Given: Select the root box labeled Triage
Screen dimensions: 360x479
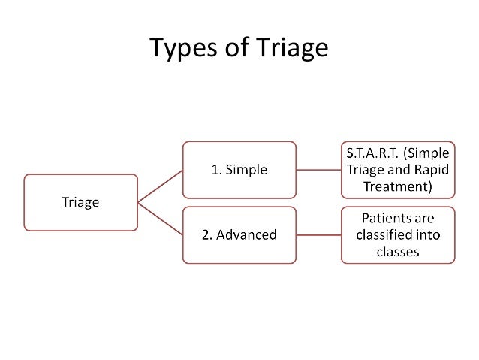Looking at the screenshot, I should coord(81,201).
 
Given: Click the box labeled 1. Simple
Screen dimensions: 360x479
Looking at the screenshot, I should coord(239,169).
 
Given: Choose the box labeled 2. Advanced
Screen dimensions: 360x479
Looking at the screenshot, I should coord(239,234).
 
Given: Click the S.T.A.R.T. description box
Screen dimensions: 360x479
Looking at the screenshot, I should coord(398,169).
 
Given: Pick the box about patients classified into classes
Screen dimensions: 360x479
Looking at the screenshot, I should coord(398,234).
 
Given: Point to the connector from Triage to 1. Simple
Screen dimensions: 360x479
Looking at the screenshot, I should coord(160,186).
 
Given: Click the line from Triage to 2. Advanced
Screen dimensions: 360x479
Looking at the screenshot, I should coord(160,218).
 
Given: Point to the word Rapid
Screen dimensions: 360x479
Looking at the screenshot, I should coord(433,169).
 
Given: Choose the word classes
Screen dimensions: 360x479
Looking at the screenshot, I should coord(398,252).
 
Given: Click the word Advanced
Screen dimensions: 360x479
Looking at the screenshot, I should coord(246,234).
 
